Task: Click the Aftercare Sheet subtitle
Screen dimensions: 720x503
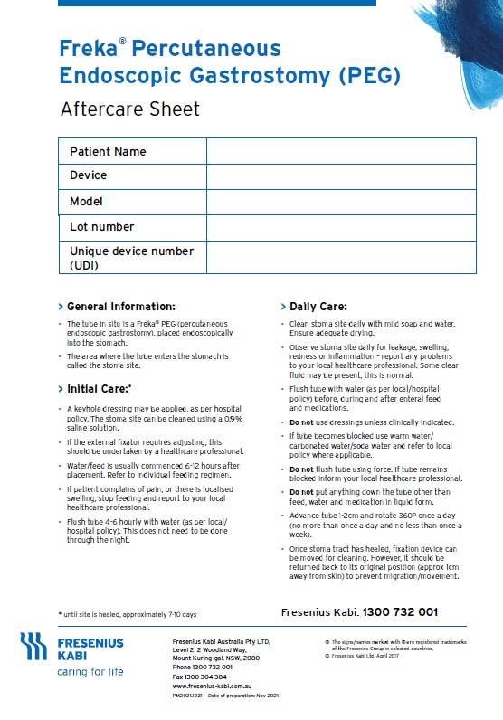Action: pyautogui.click(x=129, y=109)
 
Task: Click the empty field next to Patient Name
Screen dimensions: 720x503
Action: pyautogui.click(x=341, y=151)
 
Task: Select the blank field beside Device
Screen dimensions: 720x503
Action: pyautogui.click(x=341, y=175)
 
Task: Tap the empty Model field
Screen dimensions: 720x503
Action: pyautogui.click(x=341, y=201)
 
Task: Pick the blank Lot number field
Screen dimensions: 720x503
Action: pyautogui.click(x=341, y=226)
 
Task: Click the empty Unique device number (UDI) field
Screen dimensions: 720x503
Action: pyautogui.click(x=341, y=257)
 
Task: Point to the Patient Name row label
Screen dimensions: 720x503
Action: pyautogui.click(x=108, y=151)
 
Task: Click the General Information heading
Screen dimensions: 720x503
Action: pyautogui.click(x=120, y=307)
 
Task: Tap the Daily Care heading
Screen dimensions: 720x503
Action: pyautogui.click(x=318, y=307)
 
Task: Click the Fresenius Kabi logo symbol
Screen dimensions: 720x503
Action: pyautogui.click(x=33, y=646)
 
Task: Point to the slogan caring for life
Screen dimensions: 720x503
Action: pyautogui.click(x=90, y=672)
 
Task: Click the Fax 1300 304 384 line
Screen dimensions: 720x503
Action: pyautogui.click(x=199, y=677)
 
